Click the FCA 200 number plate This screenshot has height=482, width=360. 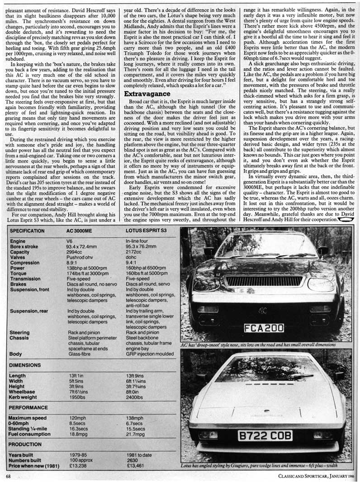click(264, 328)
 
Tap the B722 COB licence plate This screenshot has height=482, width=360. click(265, 436)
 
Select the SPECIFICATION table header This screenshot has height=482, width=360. click(27, 230)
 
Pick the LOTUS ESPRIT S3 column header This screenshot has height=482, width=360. click(146, 230)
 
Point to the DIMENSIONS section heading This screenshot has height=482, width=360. click(26, 365)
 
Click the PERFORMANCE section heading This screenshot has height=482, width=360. click(28, 407)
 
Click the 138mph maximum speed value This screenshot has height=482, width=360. click(135, 417)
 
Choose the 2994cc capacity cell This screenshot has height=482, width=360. click(76, 252)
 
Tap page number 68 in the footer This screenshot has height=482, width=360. click(9, 476)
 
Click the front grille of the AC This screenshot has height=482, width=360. click(264, 281)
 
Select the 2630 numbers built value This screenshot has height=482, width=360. click(132, 460)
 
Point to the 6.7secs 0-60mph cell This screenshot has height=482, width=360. click(135, 423)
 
